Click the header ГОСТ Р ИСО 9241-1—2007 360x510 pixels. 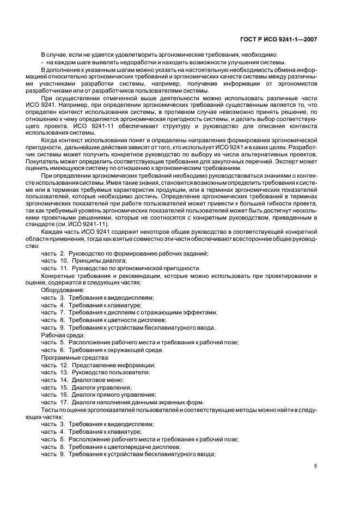[278, 39]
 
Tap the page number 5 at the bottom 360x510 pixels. [316, 466]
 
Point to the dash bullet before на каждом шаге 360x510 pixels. [42, 62]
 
